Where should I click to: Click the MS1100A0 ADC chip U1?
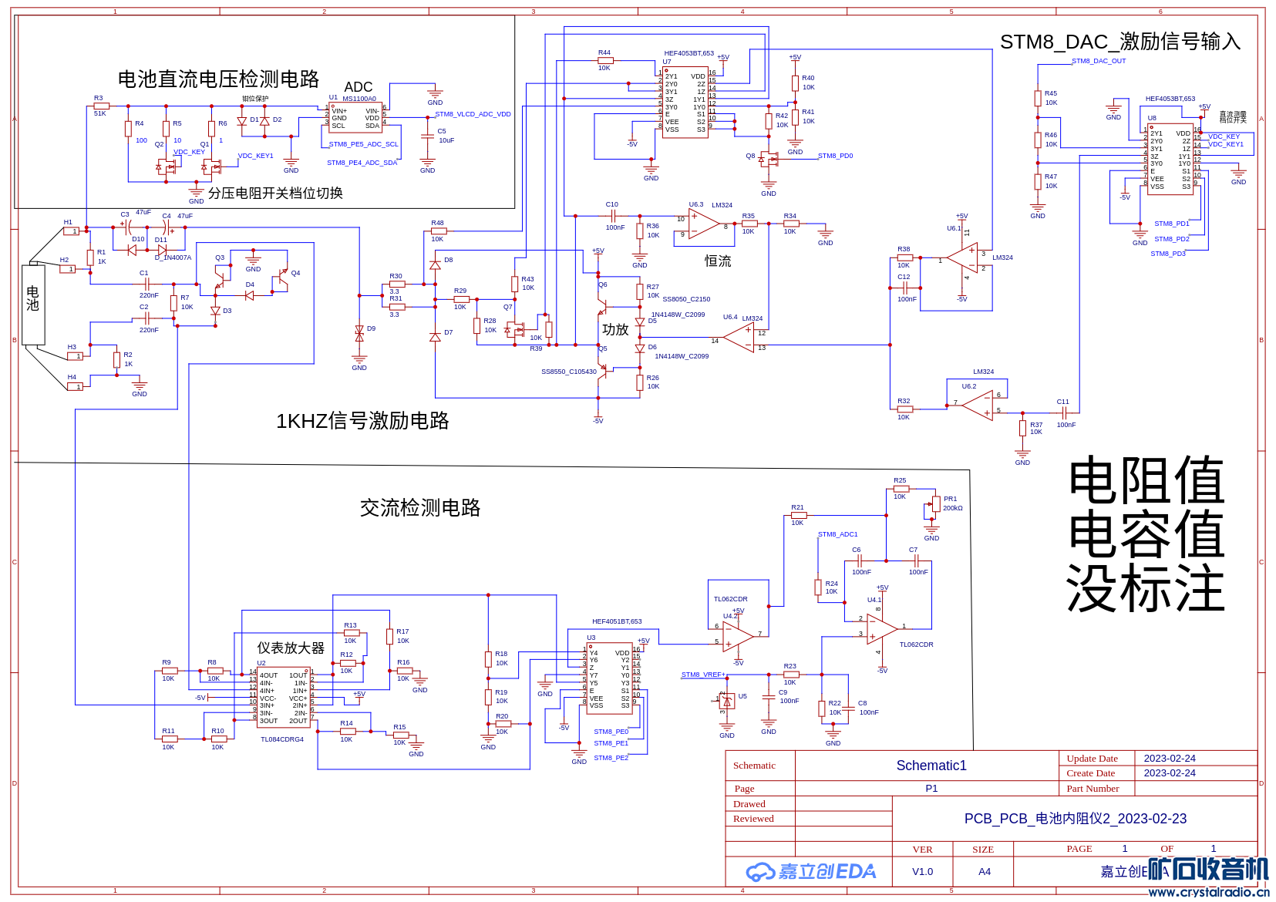(355, 117)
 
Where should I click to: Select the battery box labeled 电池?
(33, 304)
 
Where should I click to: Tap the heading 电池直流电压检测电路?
(218, 79)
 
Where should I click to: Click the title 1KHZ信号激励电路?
(362, 421)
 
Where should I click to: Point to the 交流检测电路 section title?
(420, 508)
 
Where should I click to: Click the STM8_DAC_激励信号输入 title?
(1120, 42)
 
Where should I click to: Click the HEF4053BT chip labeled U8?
(1170, 159)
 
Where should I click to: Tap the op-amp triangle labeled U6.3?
(702, 223)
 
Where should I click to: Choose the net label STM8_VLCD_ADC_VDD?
(473, 114)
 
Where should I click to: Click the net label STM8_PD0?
(835, 156)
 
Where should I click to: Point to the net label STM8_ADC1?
(837, 534)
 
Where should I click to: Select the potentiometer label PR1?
(950, 499)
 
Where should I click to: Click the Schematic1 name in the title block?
(931, 766)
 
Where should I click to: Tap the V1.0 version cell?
(922, 872)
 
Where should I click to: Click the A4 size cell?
(984, 872)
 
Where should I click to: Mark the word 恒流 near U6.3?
(718, 261)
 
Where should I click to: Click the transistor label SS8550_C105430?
(568, 372)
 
